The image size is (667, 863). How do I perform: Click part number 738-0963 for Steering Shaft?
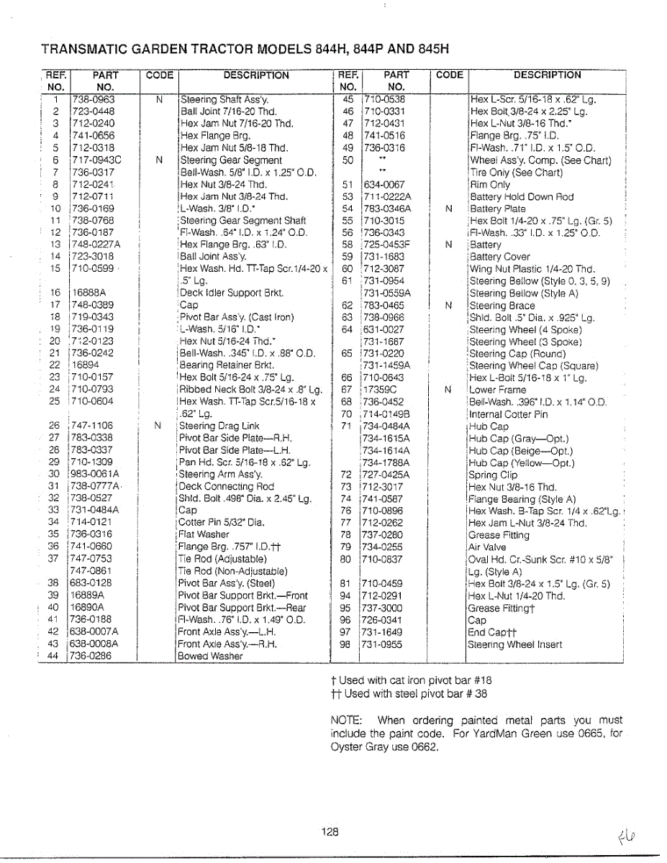pos(94,99)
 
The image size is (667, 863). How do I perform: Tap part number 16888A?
pos(89,293)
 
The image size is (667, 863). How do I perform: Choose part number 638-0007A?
pos(94,632)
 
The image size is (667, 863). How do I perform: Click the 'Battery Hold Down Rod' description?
pos(522,196)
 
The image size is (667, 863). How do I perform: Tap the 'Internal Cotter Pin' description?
pos(508,414)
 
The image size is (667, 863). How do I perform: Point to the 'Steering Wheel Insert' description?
pos(514,644)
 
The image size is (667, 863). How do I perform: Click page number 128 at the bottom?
pos(330,831)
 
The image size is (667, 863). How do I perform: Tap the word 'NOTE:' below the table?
pos(345,720)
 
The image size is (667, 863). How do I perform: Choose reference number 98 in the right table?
pos(346,644)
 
